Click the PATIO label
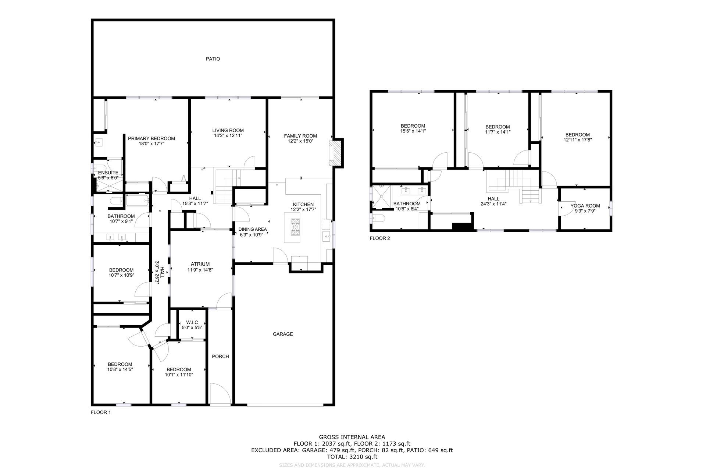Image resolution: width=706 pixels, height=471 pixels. click(x=213, y=59)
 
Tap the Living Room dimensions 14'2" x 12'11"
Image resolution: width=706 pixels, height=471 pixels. click(x=228, y=135)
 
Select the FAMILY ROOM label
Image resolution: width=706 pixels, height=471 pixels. click(x=300, y=136)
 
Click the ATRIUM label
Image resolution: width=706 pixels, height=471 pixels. click(x=200, y=264)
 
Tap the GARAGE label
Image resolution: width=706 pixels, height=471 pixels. click(x=283, y=334)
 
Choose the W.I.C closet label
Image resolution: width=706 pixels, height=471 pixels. click(x=192, y=322)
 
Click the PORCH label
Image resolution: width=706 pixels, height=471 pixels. click(x=221, y=356)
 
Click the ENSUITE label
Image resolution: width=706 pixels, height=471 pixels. click(x=108, y=173)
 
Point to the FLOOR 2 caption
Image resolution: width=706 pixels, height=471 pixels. click(x=380, y=238)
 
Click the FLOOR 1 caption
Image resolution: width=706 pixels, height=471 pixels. click(x=101, y=412)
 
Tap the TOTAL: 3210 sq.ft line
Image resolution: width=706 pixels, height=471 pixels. click(x=352, y=457)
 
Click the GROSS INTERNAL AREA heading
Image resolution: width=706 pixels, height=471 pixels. click(x=352, y=437)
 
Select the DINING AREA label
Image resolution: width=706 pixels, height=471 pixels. click(x=253, y=229)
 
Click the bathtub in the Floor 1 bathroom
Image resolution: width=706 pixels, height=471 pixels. click(x=138, y=201)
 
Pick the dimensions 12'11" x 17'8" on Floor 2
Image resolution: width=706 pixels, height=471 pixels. click(x=578, y=140)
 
